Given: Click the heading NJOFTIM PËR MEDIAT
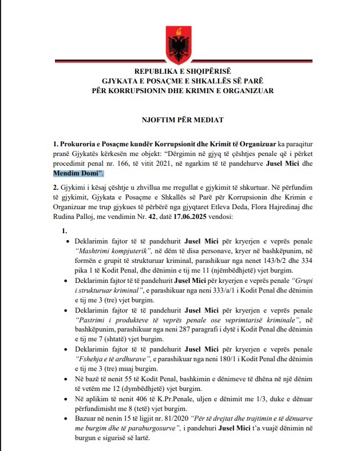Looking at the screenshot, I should click(x=182, y=120).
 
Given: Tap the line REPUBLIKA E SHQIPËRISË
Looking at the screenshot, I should click(x=182, y=71).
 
